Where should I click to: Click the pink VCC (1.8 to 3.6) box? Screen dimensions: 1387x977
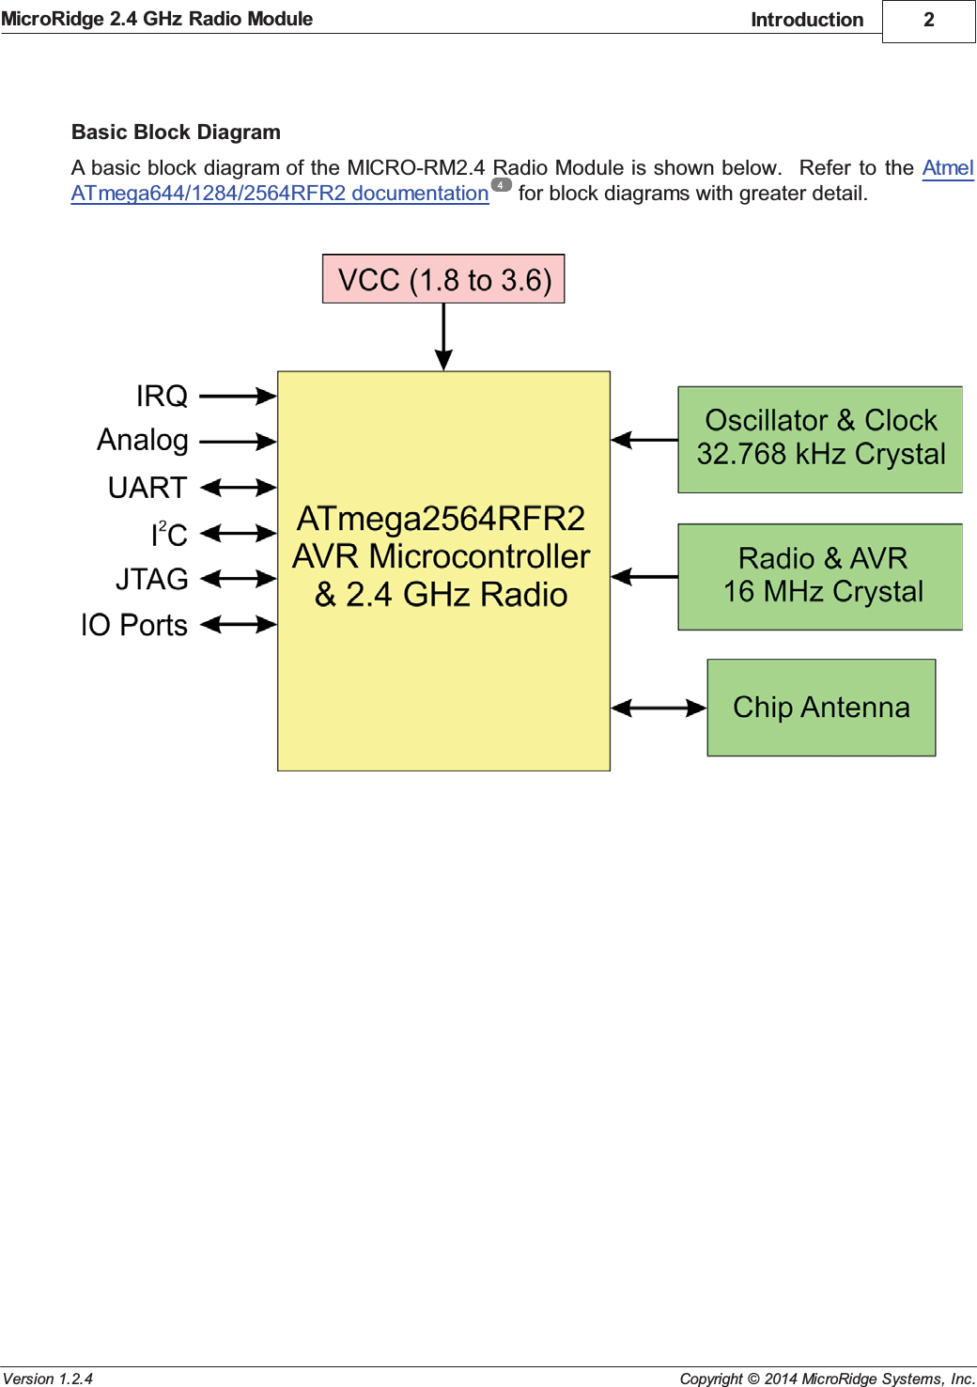click(x=443, y=279)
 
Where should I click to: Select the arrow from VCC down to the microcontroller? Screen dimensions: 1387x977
click(x=443, y=336)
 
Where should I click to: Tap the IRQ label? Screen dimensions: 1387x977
click(x=162, y=397)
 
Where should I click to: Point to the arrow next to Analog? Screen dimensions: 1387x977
click(x=238, y=441)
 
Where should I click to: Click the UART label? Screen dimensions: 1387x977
click(x=147, y=488)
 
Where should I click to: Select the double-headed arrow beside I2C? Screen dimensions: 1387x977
click(x=238, y=534)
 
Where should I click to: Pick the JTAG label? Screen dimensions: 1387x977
click(x=151, y=579)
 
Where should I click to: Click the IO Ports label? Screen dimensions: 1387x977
click(x=134, y=625)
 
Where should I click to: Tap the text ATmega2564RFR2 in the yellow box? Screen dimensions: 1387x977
click(x=441, y=519)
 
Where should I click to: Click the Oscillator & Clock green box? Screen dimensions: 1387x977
click(x=820, y=439)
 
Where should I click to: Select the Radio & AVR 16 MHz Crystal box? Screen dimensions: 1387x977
click(x=820, y=576)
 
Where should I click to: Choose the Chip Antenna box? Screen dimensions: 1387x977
click(x=821, y=708)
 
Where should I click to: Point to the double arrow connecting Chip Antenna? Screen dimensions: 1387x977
click(x=659, y=709)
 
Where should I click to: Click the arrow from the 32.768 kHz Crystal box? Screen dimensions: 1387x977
click(x=644, y=440)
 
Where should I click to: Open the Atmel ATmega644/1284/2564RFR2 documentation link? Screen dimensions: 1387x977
click(x=280, y=194)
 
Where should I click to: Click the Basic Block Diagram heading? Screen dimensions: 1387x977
click(x=176, y=132)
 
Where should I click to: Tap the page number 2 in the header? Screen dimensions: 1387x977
click(x=928, y=20)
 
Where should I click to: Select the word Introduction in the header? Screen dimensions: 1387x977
click(x=806, y=20)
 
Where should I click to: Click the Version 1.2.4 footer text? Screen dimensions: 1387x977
click(x=48, y=1379)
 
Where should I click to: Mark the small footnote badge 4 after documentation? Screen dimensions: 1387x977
click(x=502, y=185)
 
